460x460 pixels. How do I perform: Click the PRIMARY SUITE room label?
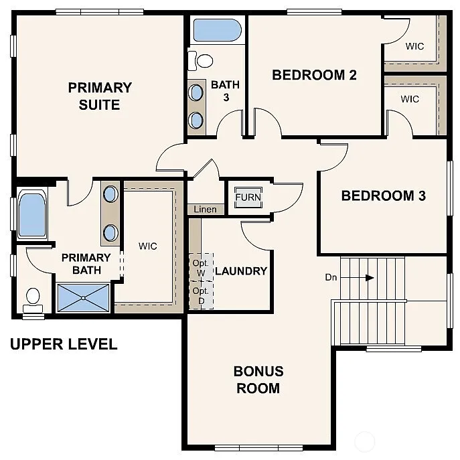pos(100,96)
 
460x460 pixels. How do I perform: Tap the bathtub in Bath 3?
pos(216,31)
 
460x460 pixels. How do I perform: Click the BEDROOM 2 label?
pos(314,74)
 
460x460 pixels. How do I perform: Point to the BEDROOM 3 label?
pos(384,196)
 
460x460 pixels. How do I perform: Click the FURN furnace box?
pos(248,198)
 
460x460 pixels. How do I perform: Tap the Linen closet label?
pos(205,210)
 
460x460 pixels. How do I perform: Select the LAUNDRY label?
pos(241,271)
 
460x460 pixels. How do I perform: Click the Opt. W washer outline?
pos(201,267)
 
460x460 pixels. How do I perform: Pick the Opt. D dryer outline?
pos(201,295)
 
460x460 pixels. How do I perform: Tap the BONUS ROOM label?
pos(258,379)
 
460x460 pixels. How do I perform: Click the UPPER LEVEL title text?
pos(64,344)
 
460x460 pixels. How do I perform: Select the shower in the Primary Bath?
pos(82,298)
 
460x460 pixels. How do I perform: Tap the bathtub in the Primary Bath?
pos(31,215)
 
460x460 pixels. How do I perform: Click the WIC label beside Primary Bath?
pos(148,246)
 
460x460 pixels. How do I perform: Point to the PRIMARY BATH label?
pos(86,264)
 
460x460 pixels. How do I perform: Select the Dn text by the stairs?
pos(331,277)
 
